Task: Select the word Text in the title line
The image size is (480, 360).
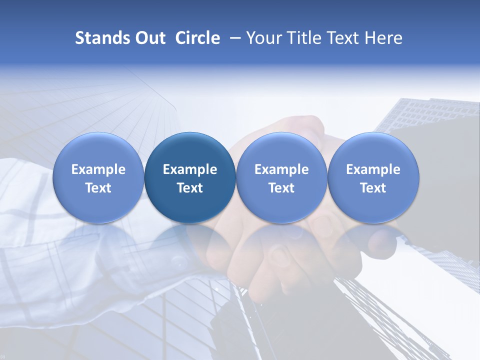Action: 341,38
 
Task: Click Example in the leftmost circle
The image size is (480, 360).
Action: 98,169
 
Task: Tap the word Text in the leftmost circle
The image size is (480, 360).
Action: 98,188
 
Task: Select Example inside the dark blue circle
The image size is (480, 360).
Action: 190,169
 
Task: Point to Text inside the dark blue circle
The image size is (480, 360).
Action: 190,188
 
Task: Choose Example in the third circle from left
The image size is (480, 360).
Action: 281,169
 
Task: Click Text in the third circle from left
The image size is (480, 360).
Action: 281,188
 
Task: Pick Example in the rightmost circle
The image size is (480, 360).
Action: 373,169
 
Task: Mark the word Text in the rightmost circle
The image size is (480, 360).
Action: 373,188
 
